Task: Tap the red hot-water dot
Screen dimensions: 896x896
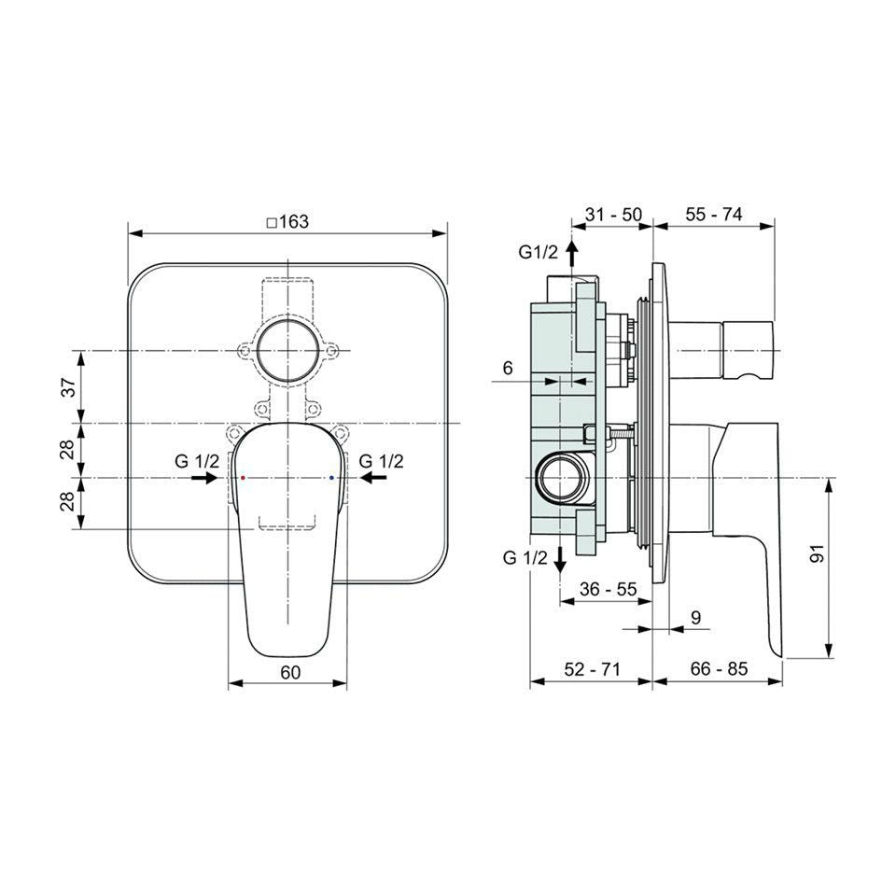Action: coord(243,477)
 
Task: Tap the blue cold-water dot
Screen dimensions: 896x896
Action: coord(331,477)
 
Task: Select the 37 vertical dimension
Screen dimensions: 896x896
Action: coord(68,386)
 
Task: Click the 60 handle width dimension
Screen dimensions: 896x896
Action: coord(290,673)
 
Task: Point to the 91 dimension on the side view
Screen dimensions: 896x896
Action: coord(818,553)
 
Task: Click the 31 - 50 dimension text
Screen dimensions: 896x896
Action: coord(613,215)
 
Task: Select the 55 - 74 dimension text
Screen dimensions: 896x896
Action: coord(714,215)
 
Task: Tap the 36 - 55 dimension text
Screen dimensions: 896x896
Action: coord(608,589)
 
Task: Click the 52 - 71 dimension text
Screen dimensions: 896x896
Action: coord(592,668)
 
